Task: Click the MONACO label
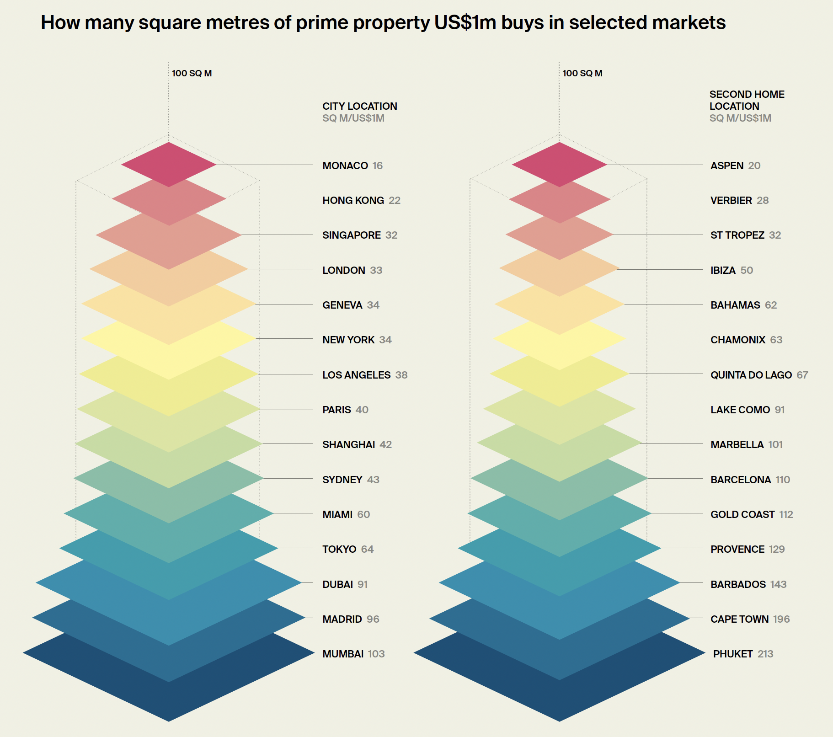[x=345, y=166]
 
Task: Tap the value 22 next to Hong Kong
[x=394, y=200]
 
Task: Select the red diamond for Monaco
[x=169, y=165]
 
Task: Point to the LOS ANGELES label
[x=356, y=375]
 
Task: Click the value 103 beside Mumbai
[x=376, y=654]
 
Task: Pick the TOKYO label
[x=339, y=549]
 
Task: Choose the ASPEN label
[x=726, y=166]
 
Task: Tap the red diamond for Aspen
[x=559, y=165]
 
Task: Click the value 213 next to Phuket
[x=765, y=654]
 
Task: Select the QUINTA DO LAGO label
[x=751, y=375]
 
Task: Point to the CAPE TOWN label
[x=739, y=619]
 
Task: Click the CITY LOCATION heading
[x=359, y=106]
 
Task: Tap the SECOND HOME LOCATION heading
[x=747, y=100]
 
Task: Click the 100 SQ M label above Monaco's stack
[x=192, y=73]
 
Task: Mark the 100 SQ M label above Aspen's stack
[x=582, y=73]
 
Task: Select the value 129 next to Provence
[x=776, y=549]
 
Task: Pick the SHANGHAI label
[x=348, y=444]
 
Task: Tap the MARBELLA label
[x=737, y=444]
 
